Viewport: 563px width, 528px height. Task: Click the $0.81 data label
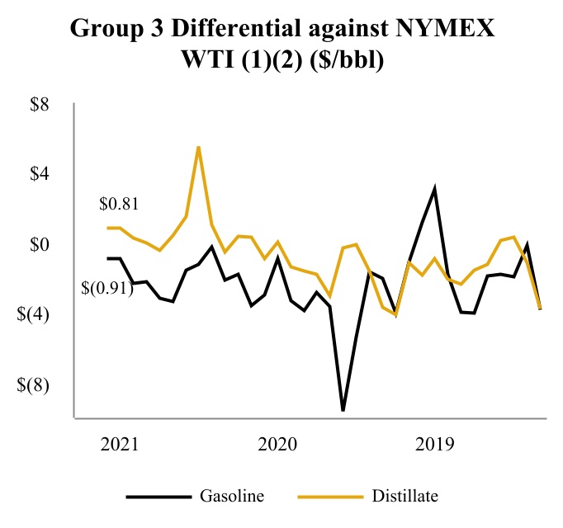118,204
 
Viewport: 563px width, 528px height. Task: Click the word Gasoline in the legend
232,497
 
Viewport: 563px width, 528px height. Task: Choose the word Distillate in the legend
405,497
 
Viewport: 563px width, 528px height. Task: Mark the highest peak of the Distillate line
198,147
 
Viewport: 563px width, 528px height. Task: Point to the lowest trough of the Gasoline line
343,410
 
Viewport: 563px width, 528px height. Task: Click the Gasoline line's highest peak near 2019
435,189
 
